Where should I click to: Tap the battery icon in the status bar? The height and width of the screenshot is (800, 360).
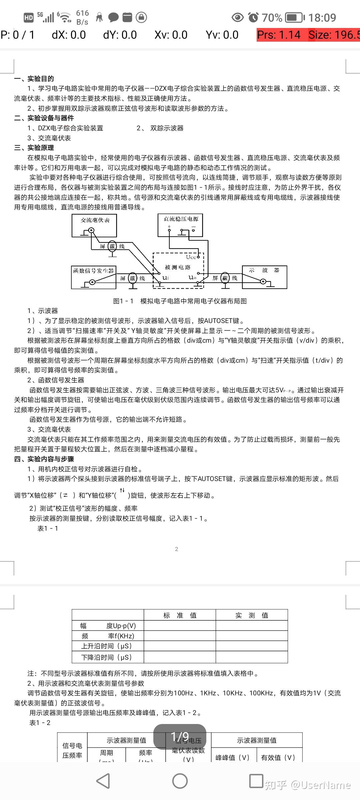pyautogui.click(x=295, y=17)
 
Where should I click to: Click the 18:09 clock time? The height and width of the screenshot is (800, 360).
pyautogui.click(x=322, y=17)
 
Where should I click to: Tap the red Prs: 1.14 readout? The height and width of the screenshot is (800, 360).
pyautogui.click(x=279, y=35)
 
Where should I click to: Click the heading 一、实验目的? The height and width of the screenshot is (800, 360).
pyautogui.click(x=34, y=79)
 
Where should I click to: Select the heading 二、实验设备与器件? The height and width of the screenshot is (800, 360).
pyautogui.click(x=44, y=118)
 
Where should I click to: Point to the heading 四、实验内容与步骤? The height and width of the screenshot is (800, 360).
pyautogui.click(x=44, y=459)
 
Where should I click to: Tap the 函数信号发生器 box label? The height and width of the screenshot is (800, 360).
pyautogui.click(x=94, y=271)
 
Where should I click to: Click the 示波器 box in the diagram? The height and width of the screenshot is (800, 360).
pyautogui.click(x=264, y=270)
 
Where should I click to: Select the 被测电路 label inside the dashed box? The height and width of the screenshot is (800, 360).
pyautogui.click(x=178, y=267)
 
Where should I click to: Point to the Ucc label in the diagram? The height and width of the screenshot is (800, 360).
pyautogui.click(x=191, y=257)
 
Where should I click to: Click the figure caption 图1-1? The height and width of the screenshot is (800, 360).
pyautogui.click(x=180, y=301)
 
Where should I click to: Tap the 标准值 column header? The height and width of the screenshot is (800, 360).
pyautogui.click(x=180, y=615)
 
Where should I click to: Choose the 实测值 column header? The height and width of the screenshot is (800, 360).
pyautogui.click(x=252, y=615)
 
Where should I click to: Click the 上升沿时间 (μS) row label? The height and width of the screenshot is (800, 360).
pyautogui.click(x=107, y=646)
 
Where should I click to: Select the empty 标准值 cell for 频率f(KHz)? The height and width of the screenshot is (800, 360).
pyautogui.click(x=180, y=636)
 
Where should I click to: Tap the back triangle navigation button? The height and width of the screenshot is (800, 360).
pyautogui.click(x=103, y=781)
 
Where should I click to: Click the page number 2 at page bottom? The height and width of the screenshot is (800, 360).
pyautogui.click(x=177, y=549)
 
